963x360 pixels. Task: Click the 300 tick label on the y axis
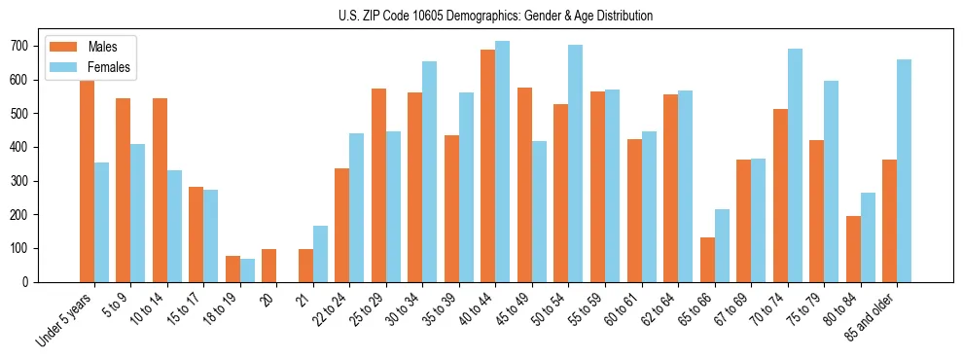(x=18, y=181)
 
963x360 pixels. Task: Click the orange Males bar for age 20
(x=269, y=266)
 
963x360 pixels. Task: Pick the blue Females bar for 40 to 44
(x=503, y=162)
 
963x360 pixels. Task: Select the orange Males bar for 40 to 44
(x=488, y=165)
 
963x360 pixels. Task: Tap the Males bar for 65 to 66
(x=707, y=260)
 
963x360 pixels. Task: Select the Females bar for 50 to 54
(x=576, y=163)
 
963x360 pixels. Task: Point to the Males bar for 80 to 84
(x=853, y=249)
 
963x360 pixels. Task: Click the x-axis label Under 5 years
(x=64, y=319)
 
